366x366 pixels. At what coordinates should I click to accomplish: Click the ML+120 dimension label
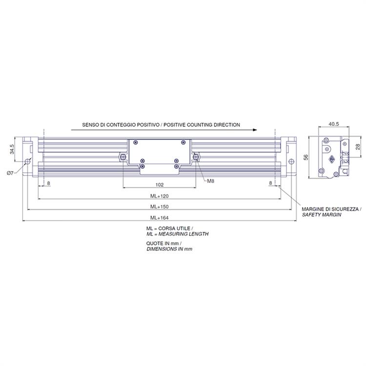(x=159, y=196)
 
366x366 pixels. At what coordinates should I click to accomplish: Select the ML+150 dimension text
(x=159, y=207)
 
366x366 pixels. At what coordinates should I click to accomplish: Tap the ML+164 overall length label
(x=159, y=218)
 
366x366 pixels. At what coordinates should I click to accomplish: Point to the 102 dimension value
(x=160, y=185)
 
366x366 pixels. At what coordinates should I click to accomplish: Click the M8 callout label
(x=210, y=181)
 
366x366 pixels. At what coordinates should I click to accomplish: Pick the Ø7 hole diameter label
(x=10, y=173)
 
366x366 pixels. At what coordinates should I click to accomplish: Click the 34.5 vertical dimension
(x=12, y=149)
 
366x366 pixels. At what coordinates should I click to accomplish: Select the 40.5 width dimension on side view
(x=334, y=124)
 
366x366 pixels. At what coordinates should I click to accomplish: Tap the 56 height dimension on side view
(x=306, y=157)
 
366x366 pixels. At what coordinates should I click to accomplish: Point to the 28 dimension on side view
(x=358, y=147)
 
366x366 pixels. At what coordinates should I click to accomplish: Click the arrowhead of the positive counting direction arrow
(x=255, y=130)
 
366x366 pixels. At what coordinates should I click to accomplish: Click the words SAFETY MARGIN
(x=322, y=215)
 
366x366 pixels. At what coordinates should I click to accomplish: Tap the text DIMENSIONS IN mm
(x=169, y=249)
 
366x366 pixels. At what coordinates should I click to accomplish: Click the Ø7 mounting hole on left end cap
(x=28, y=162)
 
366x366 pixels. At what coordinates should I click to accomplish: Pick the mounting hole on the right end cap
(x=291, y=162)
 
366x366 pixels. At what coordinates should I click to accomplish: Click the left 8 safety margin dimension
(x=48, y=183)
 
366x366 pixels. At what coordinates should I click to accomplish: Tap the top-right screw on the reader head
(x=183, y=142)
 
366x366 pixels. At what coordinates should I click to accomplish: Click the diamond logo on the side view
(x=332, y=159)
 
